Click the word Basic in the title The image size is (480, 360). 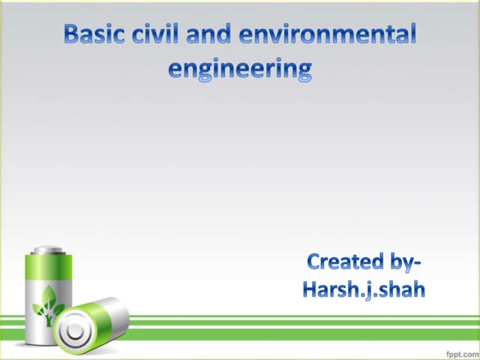(91, 34)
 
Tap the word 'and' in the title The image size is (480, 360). (208, 34)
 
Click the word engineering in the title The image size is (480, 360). (240, 70)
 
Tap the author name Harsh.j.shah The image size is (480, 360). (364, 289)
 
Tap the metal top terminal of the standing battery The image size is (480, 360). (48, 249)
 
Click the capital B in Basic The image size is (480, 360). (73, 34)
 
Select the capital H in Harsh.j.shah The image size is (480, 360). (311, 289)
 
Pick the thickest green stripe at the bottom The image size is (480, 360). (300, 331)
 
